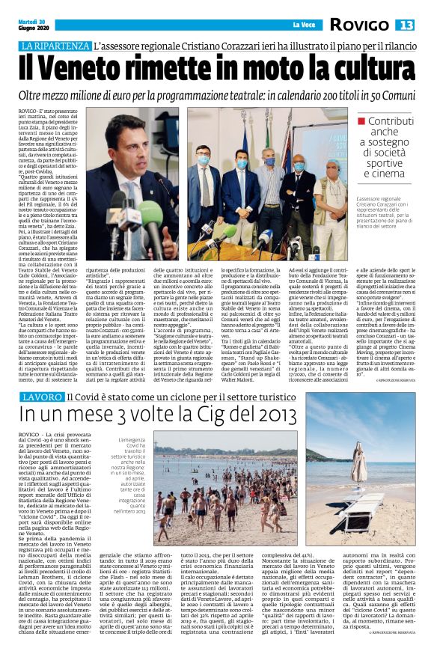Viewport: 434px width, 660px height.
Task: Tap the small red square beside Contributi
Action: (361, 121)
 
